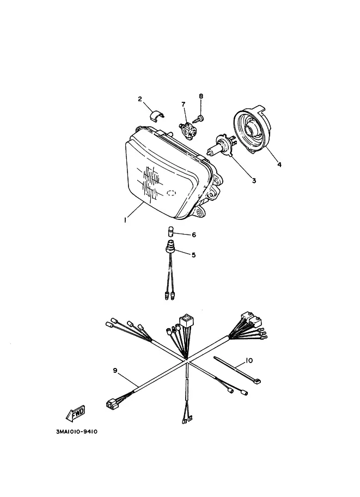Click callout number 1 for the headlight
coord(126,220)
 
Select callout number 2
coord(140,99)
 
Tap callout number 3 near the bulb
coord(254,181)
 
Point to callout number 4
coord(279,164)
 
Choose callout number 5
coord(193,255)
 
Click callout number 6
coord(194,235)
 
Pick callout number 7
coord(183,105)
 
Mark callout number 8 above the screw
coord(201,96)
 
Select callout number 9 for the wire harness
coord(115,370)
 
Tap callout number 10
coord(249,360)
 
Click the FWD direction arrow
coord(76,413)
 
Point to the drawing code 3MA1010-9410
coord(77,432)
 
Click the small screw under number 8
coord(199,119)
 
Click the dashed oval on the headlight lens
coord(171,192)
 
